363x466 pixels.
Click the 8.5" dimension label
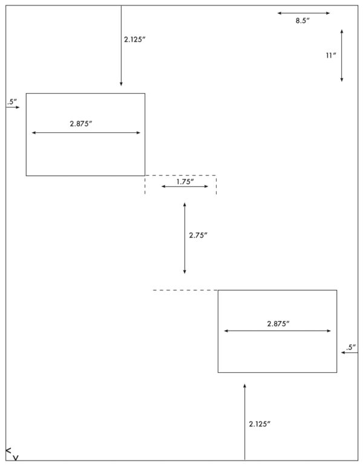click(302, 21)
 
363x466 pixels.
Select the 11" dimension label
click(331, 55)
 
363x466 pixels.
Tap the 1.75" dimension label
click(185, 181)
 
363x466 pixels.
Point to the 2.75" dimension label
click(198, 235)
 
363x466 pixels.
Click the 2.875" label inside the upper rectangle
click(81, 124)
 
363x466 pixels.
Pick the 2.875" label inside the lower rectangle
click(278, 323)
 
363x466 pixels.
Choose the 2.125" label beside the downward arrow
click(134, 39)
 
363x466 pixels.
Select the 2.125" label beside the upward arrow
click(260, 424)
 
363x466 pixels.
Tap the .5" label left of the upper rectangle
click(12, 102)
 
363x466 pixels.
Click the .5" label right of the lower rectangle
click(351, 347)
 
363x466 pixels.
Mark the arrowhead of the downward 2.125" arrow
click(121, 85)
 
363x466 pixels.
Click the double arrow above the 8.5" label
click(304, 13)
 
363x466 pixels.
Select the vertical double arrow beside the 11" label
click(342, 55)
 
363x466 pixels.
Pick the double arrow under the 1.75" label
click(185, 186)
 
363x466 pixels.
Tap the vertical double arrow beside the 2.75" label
click(185, 238)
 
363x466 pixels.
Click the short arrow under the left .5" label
click(13, 107)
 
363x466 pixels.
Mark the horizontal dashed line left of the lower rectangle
click(185, 290)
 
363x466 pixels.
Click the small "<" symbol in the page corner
click(8, 450)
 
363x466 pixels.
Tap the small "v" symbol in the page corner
click(16, 458)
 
